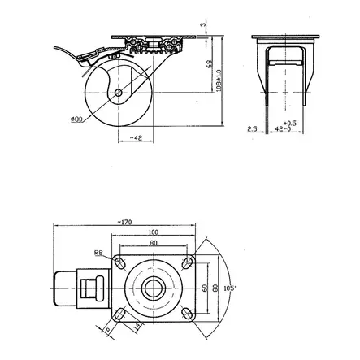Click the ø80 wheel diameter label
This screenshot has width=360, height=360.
point(76,119)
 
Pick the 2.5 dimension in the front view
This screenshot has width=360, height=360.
point(253,128)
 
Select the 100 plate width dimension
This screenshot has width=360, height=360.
point(154,233)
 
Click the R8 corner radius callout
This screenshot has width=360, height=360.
point(98,253)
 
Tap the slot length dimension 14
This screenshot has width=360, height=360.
point(138,326)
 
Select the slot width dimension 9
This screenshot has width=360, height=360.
point(105,329)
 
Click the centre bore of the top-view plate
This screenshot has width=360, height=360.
point(154,288)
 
